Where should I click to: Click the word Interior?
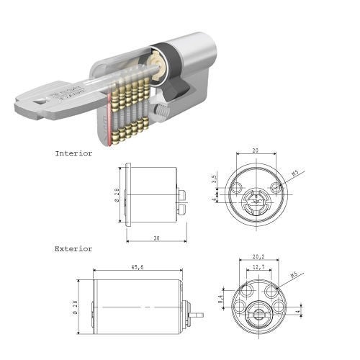point(73,153)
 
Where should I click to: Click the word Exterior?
point(73,248)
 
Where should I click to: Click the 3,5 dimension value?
point(214,177)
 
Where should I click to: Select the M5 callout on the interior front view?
point(295,173)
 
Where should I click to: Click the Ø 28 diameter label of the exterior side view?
point(77,309)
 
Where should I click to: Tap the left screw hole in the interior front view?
point(236,188)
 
